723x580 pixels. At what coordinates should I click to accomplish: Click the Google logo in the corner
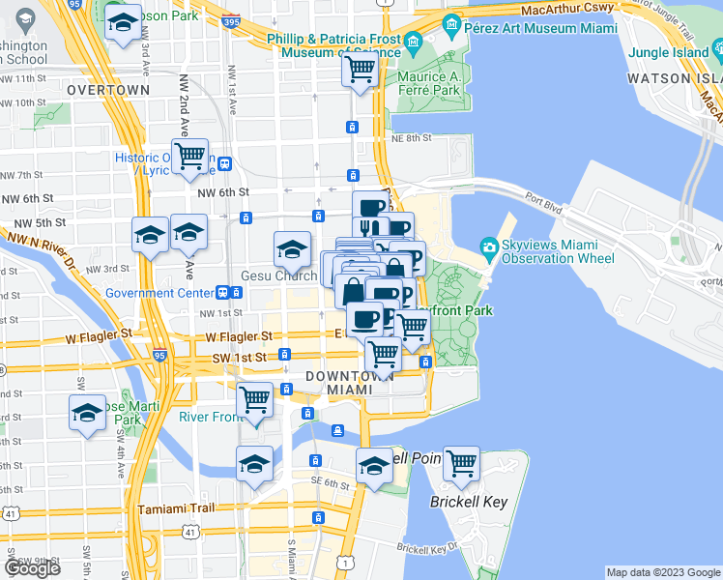(x=33, y=568)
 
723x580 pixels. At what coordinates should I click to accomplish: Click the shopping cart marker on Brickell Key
(x=462, y=464)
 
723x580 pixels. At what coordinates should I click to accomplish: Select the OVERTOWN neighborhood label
(x=108, y=90)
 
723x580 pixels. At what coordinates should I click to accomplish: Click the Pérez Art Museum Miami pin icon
(x=451, y=23)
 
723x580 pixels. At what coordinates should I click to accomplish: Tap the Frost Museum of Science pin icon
(x=414, y=42)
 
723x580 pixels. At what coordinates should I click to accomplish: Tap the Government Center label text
(x=159, y=293)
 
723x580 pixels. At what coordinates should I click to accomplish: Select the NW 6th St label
(x=223, y=195)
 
